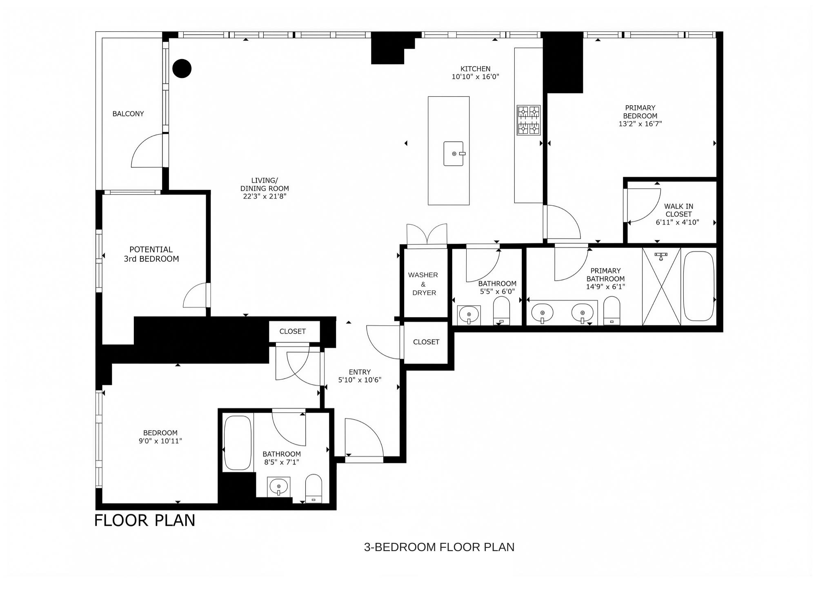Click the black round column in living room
point(182,68)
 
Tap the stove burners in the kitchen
point(529,120)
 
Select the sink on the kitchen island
point(454,153)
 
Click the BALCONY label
point(128,114)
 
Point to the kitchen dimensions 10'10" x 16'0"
point(475,77)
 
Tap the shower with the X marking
point(661,287)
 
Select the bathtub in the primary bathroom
point(699,286)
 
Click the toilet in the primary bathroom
point(611,310)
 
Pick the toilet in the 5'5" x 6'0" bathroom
point(502,310)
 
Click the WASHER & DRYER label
point(424,284)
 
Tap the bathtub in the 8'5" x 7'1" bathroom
point(238,442)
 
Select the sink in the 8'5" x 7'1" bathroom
point(279,487)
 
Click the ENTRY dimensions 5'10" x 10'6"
point(360,380)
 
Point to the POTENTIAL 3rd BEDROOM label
point(151,254)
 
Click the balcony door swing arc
point(146,151)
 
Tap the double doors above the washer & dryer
point(427,235)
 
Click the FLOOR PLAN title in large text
point(145,520)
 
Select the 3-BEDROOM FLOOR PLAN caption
point(439,547)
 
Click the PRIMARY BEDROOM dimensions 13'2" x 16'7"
point(640,124)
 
